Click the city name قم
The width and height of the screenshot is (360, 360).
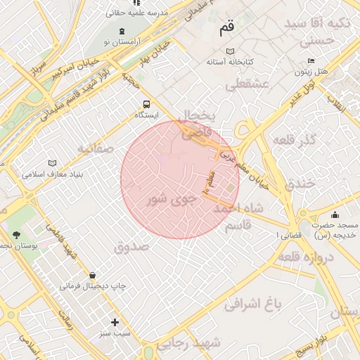pyautogui.click(x=226, y=29)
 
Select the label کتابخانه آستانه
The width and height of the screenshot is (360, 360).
pyautogui.click(x=230, y=62)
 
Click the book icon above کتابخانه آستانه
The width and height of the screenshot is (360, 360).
pyautogui.click(x=230, y=51)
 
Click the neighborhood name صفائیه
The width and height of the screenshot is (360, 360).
pyautogui.click(x=96, y=148)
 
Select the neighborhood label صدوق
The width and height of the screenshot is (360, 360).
pyautogui.click(x=131, y=247)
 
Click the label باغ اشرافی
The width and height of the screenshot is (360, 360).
pyautogui.click(x=252, y=304)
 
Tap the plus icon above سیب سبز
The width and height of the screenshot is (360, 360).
pyautogui.click(x=115, y=322)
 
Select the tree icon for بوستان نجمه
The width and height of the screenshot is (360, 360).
pyautogui.click(x=16, y=234)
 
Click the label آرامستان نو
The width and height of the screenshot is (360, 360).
pyautogui.click(x=124, y=42)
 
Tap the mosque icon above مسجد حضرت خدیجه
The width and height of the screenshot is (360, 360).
pyautogui.click(x=334, y=214)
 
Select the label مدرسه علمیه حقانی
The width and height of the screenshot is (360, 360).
pyautogui.click(x=135, y=13)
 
